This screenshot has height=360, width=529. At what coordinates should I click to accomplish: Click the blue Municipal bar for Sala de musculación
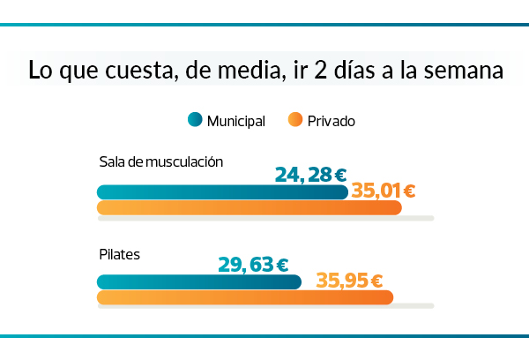(220, 192)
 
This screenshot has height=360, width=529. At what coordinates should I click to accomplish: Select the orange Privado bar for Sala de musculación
(247, 208)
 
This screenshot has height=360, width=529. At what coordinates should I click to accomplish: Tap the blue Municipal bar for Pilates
(198, 282)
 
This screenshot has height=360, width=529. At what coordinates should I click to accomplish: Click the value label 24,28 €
(310, 174)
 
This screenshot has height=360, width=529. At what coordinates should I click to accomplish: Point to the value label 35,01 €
(384, 189)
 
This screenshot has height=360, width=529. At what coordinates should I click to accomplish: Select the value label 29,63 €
(253, 264)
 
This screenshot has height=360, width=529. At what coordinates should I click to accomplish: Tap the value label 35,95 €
(349, 281)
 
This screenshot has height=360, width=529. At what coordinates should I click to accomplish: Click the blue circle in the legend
(195, 120)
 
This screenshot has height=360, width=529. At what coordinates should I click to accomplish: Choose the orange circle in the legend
(295, 120)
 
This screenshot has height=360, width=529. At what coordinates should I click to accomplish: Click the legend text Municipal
(236, 121)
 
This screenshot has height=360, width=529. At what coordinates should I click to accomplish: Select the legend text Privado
(332, 121)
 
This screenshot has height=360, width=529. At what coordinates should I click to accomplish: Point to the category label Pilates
(120, 254)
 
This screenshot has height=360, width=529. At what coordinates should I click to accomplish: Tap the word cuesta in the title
(133, 71)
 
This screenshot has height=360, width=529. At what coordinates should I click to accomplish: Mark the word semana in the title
(466, 71)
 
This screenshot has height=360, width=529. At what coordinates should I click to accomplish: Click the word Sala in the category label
(112, 162)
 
